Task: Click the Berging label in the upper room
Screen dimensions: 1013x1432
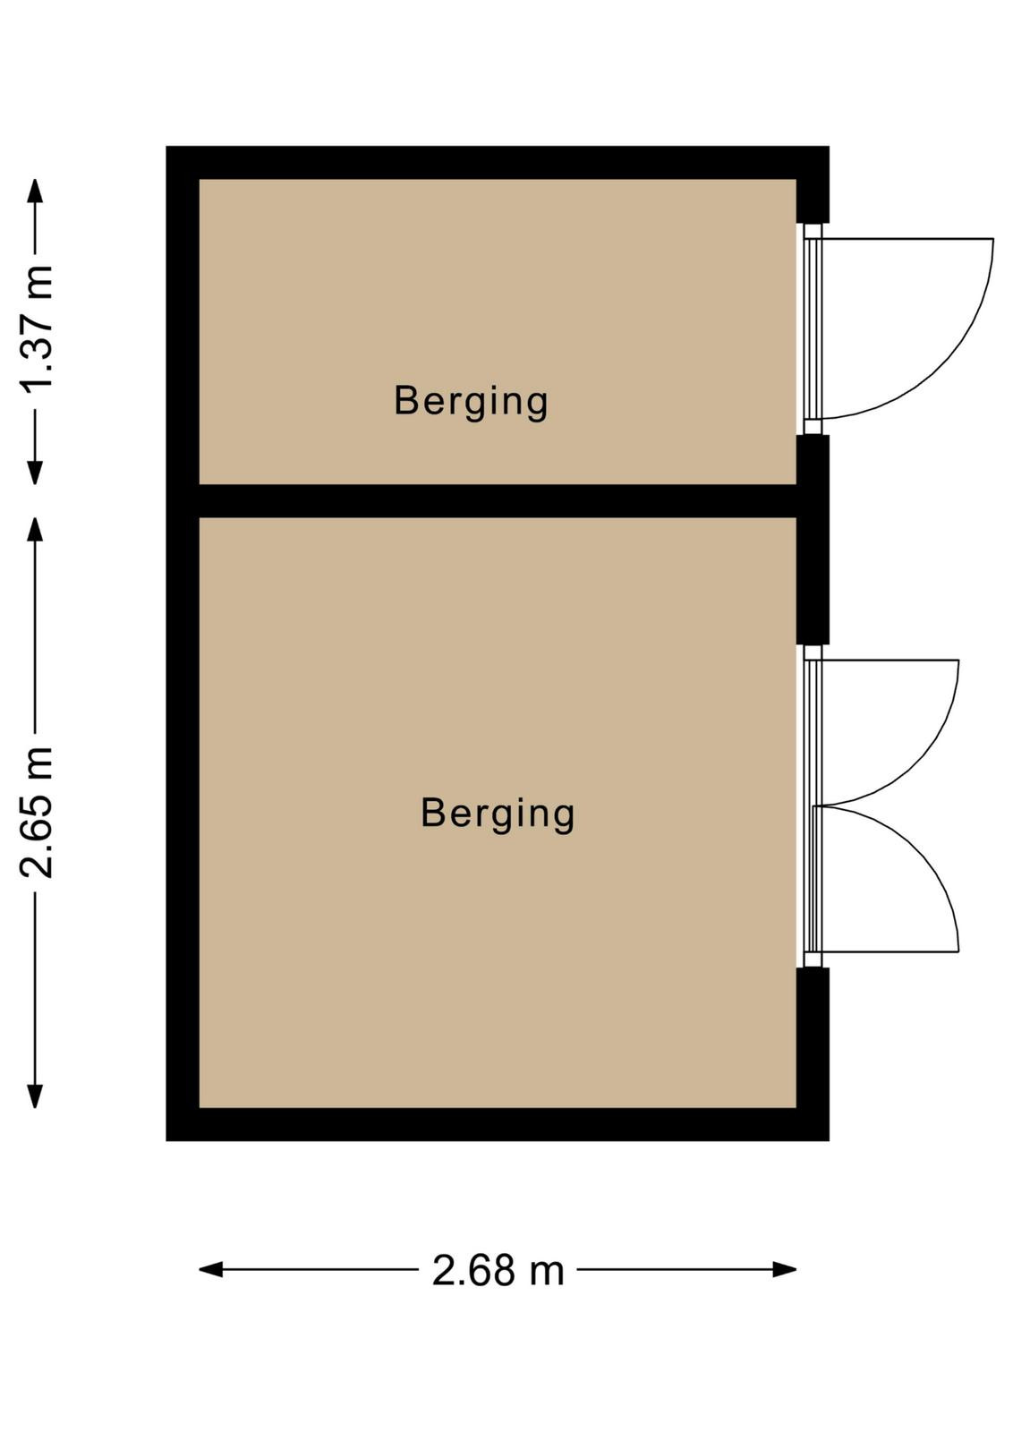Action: coord(471,402)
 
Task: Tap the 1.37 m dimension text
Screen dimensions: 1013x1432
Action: coord(37,337)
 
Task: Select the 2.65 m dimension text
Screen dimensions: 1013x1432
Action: coord(37,811)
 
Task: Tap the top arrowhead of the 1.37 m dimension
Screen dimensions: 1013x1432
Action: coord(35,192)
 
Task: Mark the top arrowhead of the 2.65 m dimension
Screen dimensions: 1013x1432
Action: coord(35,529)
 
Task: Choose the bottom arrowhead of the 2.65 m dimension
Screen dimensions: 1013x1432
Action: coord(35,1096)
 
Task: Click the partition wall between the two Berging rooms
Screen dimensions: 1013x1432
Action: coord(498,501)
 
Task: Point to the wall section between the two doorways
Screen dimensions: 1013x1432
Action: coord(813,540)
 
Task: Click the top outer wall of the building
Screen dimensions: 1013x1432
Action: coord(498,162)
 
